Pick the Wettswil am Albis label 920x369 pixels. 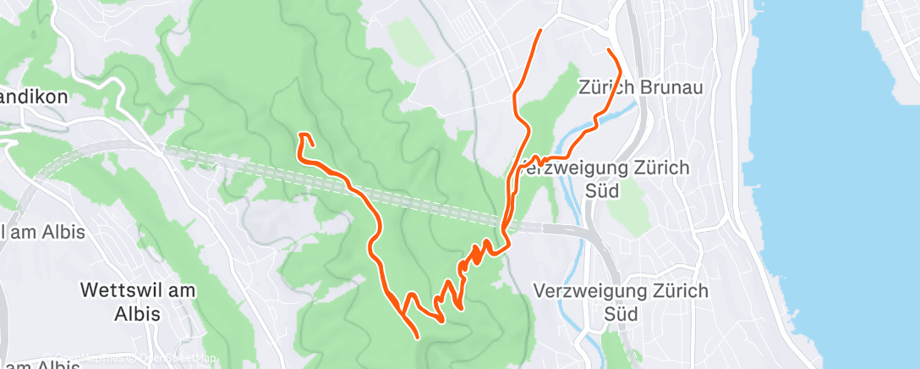[138, 300]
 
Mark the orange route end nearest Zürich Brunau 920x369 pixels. [610, 51]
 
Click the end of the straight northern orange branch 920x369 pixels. [540, 30]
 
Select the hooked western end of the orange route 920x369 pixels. [302, 135]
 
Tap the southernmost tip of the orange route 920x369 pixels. [419, 338]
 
